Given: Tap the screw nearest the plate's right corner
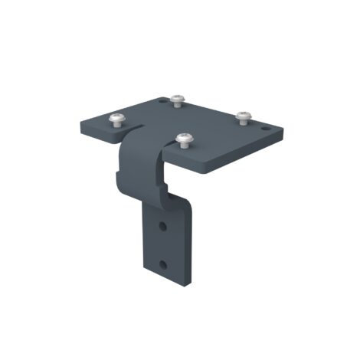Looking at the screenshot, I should coord(243,116).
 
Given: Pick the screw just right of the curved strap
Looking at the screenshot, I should coord(184,139).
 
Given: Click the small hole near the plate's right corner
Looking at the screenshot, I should coord(265,129).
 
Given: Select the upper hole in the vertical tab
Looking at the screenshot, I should coord(162,227).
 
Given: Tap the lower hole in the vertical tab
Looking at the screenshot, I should coord(162,264).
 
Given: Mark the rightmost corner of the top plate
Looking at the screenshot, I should coord(283,132).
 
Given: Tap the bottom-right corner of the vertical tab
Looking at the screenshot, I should coord(183,285).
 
